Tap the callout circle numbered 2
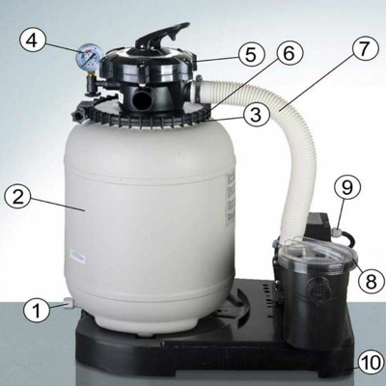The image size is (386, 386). [x=18, y=197]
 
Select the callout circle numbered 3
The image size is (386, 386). [x=256, y=115]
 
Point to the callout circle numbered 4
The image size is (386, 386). [x=33, y=41]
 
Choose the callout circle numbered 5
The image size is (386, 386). [x=251, y=55]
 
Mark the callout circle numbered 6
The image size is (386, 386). [x=289, y=53]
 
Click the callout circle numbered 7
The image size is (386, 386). [x=365, y=48]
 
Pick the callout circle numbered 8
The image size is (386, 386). [x=371, y=282]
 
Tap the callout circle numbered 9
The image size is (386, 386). [x=347, y=188]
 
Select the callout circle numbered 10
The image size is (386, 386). [x=371, y=363]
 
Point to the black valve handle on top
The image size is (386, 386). [x=162, y=35]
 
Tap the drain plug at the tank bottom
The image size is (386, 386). [x=69, y=303]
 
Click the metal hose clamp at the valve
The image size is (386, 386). [x=198, y=89]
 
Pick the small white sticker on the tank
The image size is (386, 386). [x=77, y=257]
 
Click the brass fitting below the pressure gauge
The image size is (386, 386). [x=91, y=76]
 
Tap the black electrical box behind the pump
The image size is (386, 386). [x=317, y=225]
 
